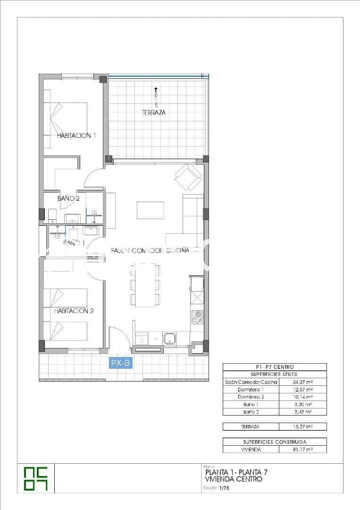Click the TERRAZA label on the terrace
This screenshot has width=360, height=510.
[154, 113]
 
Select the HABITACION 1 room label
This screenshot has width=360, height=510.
[76, 136]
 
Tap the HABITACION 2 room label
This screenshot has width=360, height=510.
[74, 311]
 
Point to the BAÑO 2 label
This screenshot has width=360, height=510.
[68, 199]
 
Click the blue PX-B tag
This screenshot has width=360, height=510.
[120, 363]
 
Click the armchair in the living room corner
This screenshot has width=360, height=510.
[188, 177]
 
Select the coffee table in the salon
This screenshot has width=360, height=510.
[150, 210]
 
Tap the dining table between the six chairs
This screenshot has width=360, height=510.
[145, 285]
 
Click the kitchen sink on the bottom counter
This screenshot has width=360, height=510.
[170, 338]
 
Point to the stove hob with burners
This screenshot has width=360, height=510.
[197, 318]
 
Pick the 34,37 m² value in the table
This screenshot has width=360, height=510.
[303, 382]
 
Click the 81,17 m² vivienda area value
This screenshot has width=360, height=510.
[303, 450]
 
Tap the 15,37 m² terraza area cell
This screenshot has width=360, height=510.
[303, 426]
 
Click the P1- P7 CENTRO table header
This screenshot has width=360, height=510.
[275, 367]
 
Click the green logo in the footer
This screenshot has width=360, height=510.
[36, 478]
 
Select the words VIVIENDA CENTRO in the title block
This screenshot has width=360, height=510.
[234, 479]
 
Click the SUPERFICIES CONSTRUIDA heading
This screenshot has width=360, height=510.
[275, 442]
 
